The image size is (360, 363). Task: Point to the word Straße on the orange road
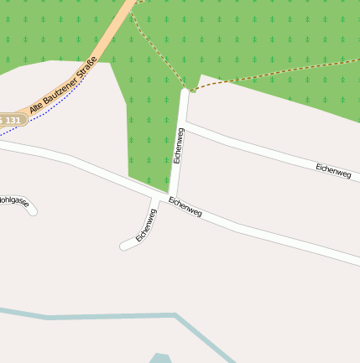click(84, 66)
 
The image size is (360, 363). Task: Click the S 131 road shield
click(11, 120)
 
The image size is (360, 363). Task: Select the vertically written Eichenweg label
click(179, 145)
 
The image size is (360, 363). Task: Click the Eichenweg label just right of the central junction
click(185, 206)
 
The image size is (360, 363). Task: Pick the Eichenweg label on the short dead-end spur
click(146, 226)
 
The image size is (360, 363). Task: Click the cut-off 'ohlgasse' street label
click(14, 201)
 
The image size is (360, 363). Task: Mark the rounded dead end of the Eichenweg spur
click(124, 246)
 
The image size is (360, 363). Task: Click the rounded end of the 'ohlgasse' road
click(33, 211)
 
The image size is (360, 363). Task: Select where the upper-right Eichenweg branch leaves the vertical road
click(185, 126)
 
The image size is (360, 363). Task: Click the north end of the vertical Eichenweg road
click(185, 91)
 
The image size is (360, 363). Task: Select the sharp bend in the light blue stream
click(177, 316)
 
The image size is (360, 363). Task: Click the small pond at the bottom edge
click(160, 358)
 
